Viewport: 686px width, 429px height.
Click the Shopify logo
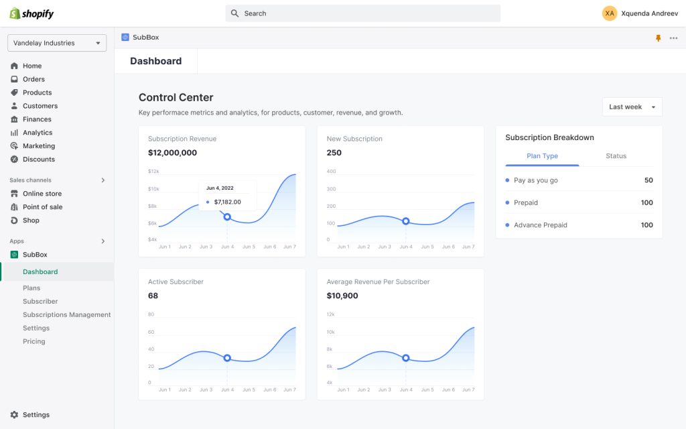(x=31, y=13)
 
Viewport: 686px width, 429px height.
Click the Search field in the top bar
(x=362, y=13)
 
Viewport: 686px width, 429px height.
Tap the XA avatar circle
(x=610, y=13)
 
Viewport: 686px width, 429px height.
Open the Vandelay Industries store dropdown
(x=57, y=43)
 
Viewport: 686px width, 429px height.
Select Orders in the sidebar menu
(x=33, y=79)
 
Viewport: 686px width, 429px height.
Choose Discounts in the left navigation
(x=39, y=160)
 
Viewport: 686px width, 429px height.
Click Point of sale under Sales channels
(x=42, y=207)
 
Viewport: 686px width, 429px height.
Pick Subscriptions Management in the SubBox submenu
(x=67, y=315)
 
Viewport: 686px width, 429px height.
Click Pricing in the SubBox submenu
(x=34, y=342)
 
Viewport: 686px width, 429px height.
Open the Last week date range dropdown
(x=632, y=107)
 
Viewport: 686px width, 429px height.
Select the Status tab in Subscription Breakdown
(x=616, y=156)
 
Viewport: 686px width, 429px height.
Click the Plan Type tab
(x=542, y=156)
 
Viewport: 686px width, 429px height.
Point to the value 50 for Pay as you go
(x=648, y=180)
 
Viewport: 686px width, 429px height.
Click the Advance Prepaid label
(x=540, y=225)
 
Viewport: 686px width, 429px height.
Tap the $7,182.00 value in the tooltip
(x=227, y=202)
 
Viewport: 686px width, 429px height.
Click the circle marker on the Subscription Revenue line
(x=227, y=217)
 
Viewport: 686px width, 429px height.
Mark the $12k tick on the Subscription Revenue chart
(x=153, y=172)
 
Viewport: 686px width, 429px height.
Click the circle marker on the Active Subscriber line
(x=227, y=358)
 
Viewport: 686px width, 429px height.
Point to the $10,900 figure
(x=342, y=296)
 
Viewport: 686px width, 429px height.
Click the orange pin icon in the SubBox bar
(x=658, y=38)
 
